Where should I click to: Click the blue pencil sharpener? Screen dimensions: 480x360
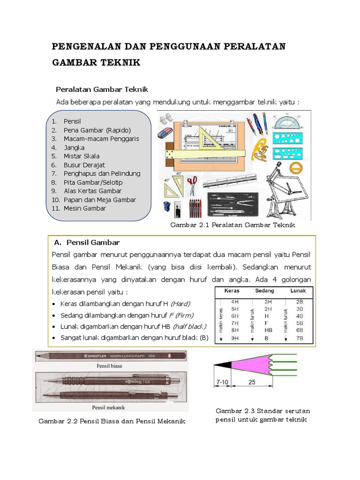(x=167, y=207)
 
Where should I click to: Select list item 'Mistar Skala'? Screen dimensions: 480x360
(x=82, y=156)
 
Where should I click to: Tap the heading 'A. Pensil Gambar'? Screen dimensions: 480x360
(x=87, y=242)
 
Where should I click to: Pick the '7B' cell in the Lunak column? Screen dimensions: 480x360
(x=300, y=337)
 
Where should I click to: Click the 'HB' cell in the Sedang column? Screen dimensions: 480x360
(x=268, y=330)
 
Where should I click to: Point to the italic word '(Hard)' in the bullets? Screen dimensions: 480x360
(x=181, y=303)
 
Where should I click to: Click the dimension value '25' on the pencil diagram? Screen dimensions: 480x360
(x=252, y=382)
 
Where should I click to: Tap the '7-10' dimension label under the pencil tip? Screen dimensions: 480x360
(x=222, y=382)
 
